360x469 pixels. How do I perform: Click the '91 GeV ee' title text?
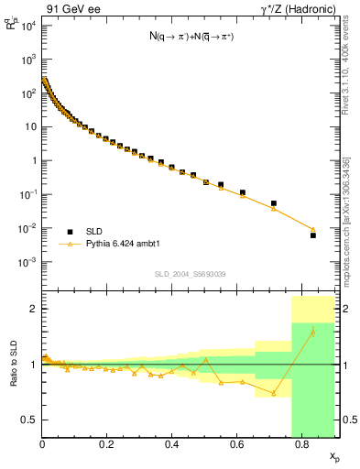(70, 9)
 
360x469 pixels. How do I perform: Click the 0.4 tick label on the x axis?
(171, 446)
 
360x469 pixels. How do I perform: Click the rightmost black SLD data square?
(312, 235)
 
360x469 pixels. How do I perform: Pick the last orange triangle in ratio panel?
(312, 332)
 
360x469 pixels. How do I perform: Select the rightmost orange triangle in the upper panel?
(312, 230)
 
